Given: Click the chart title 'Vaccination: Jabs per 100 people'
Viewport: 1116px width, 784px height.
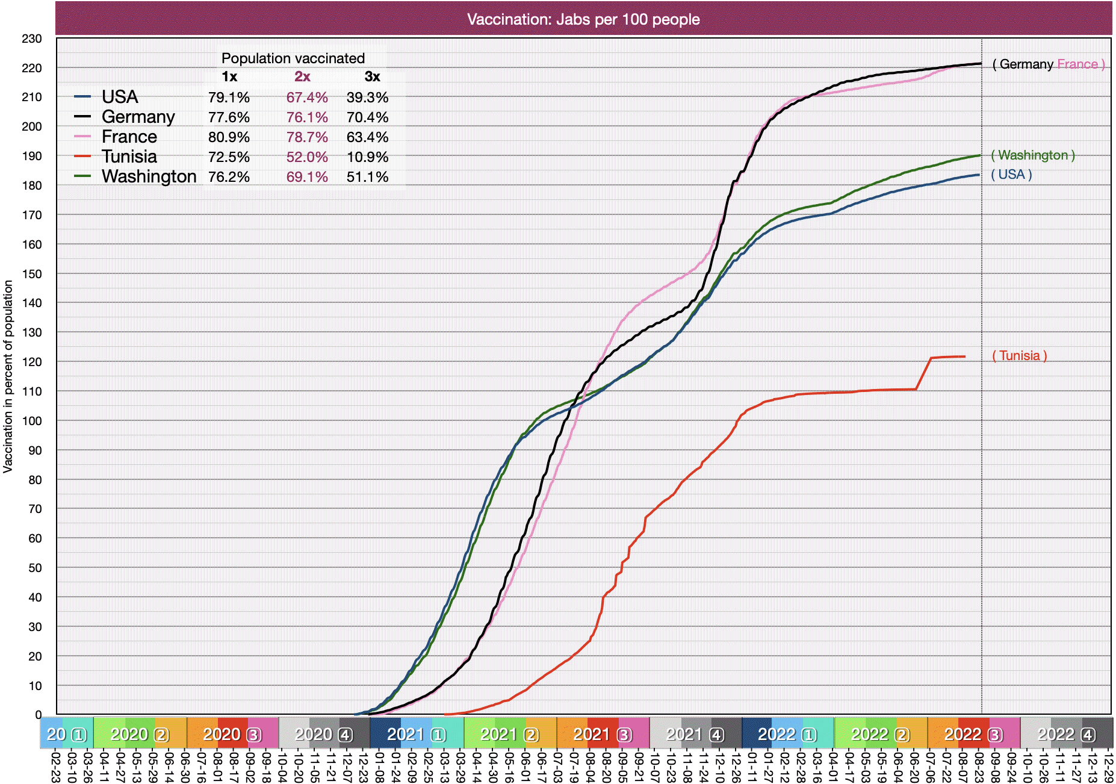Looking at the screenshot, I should [x=583, y=19].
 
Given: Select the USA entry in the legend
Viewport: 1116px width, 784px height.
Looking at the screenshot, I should [x=120, y=97].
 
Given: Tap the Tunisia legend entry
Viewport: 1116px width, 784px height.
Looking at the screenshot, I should [x=129, y=157].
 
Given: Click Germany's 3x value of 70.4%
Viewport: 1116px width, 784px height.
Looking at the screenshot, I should [x=367, y=117].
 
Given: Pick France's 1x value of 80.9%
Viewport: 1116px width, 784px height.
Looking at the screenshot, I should [x=229, y=137].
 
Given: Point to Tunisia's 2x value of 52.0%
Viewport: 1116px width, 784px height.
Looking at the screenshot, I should [x=307, y=157].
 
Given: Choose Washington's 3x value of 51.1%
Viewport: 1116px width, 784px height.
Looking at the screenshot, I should [x=367, y=177].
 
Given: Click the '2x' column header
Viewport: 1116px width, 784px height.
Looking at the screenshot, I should [x=302, y=76].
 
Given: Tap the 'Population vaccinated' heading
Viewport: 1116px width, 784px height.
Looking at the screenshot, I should [x=293, y=58].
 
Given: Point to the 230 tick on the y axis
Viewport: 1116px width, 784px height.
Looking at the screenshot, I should [x=32, y=39].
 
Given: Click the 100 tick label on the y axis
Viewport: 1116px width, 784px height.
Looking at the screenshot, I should [x=32, y=421].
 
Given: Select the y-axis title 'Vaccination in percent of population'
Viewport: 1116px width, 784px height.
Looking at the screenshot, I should [x=8, y=376].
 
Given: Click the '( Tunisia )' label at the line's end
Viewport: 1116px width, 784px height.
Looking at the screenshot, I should [x=1019, y=356].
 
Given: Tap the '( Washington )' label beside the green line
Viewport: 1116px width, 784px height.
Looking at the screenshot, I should [x=1032, y=155].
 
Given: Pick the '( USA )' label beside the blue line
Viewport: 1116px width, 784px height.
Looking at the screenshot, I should [x=1011, y=175].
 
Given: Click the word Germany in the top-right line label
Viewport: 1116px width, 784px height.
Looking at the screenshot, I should [x=1026, y=64].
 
